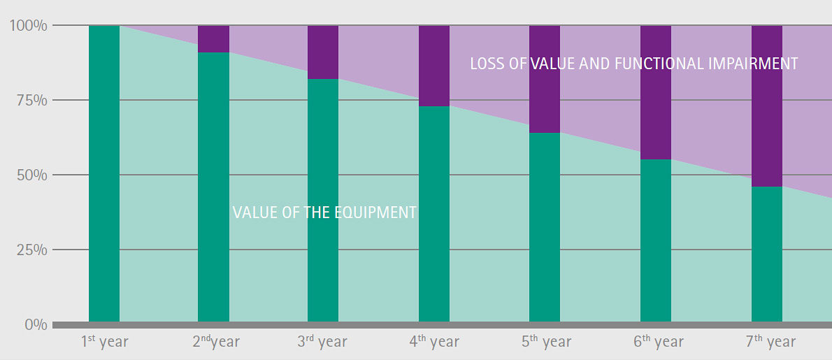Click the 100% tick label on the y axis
point(28,26)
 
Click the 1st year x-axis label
point(105,342)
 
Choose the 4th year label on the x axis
point(434,342)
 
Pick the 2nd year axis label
point(216,342)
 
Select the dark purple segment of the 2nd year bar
point(213,39)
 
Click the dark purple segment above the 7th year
point(766,106)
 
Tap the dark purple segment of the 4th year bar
point(434,66)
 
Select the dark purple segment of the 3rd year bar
point(323,52)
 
